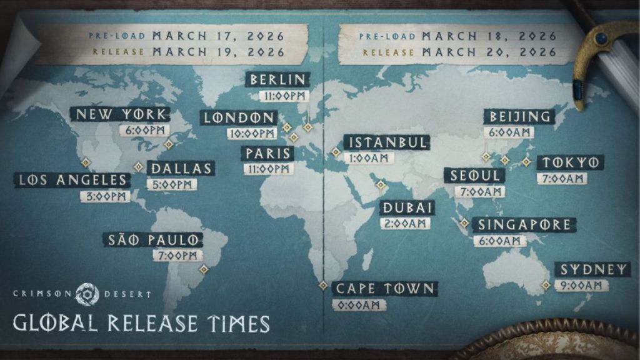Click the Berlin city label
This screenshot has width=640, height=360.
278,80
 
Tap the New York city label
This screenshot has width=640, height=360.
120,114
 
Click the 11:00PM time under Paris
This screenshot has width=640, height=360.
267,169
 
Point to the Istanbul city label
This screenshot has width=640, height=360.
387,142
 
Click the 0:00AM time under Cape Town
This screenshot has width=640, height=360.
359,305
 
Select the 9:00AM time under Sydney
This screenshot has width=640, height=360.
581,285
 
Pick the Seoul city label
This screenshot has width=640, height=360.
476,176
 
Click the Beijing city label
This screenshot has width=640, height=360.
519,116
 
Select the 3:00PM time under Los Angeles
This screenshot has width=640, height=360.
105,196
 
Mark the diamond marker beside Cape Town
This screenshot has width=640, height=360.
323,285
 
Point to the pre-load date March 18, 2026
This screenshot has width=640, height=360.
489,35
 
